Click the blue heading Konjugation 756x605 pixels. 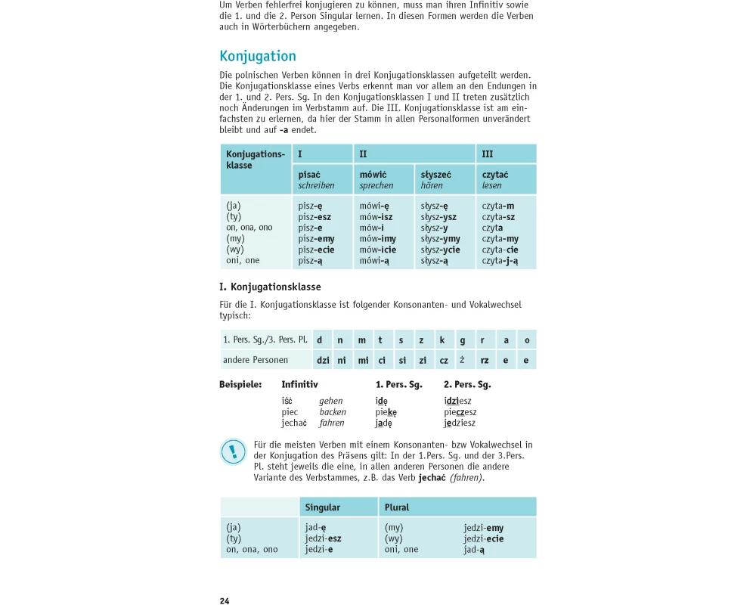click(x=258, y=57)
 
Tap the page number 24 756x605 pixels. click(x=225, y=601)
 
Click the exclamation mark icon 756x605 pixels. click(x=233, y=452)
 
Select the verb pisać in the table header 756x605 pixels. click(x=309, y=175)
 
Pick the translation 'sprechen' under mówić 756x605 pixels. click(x=376, y=185)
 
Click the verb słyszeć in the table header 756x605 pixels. click(x=437, y=175)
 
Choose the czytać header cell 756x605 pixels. click(x=495, y=175)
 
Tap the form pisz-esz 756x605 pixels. click(x=314, y=217)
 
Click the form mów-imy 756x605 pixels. click(x=378, y=239)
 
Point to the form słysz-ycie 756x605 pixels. click(x=441, y=250)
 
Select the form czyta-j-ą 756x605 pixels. click(x=500, y=261)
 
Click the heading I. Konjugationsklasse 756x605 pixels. click(x=270, y=287)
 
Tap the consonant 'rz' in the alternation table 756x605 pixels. click(x=485, y=360)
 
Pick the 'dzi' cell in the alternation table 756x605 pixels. click(x=323, y=360)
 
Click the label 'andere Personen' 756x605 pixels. click(x=256, y=360)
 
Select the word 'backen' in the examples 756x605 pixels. click(x=333, y=412)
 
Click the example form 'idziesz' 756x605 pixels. click(x=458, y=401)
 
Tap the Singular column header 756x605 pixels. click(x=323, y=507)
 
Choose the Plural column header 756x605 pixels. click(x=397, y=507)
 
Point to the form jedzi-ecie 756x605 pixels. click(x=484, y=539)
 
